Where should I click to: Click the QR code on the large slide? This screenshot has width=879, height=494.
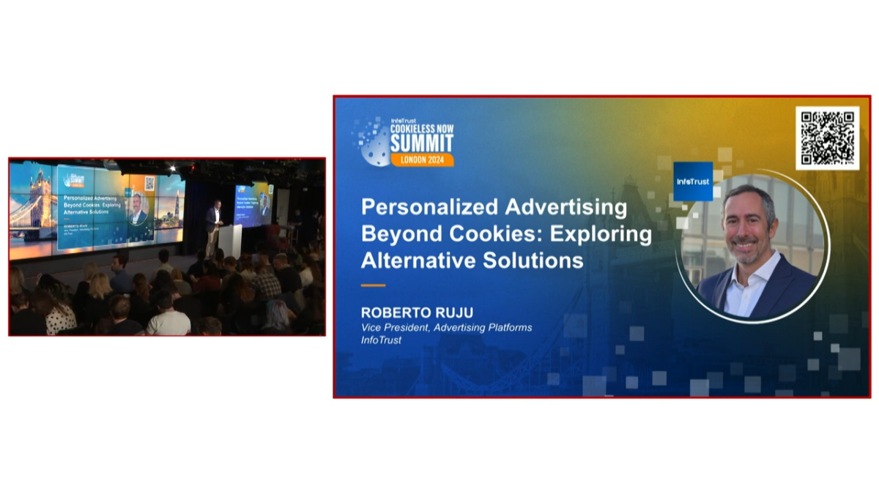(x=827, y=138)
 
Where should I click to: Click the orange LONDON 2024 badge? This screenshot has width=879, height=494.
(x=421, y=160)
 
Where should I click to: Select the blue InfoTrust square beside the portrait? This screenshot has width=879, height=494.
(x=693, y=181)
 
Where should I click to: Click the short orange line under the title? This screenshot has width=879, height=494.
(x=373, y=285)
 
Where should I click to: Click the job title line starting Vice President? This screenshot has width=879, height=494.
(x=446, y=327)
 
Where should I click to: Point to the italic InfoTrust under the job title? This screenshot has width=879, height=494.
(x=382, y=340)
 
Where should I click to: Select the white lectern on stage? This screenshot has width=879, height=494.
(x=230, y=240)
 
